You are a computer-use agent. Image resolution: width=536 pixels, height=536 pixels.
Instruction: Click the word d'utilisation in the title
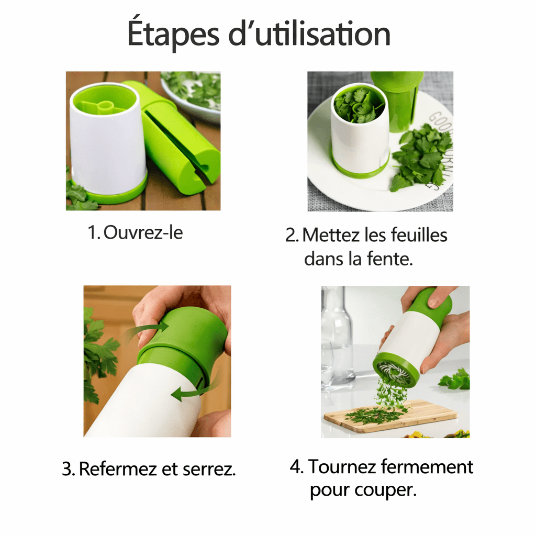point(309,33)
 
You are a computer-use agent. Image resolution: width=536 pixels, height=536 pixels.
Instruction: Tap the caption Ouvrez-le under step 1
point(143,232)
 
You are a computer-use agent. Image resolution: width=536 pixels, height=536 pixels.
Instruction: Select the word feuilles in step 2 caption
point(419,235)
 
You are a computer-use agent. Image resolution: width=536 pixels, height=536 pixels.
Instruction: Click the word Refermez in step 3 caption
point(118,468)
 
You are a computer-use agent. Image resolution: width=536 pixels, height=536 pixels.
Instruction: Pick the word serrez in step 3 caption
point(209,470)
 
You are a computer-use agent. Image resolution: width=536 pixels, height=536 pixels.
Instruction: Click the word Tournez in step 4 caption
point(342,466)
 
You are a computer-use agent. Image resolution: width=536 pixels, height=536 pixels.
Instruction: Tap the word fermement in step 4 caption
point(427,466)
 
